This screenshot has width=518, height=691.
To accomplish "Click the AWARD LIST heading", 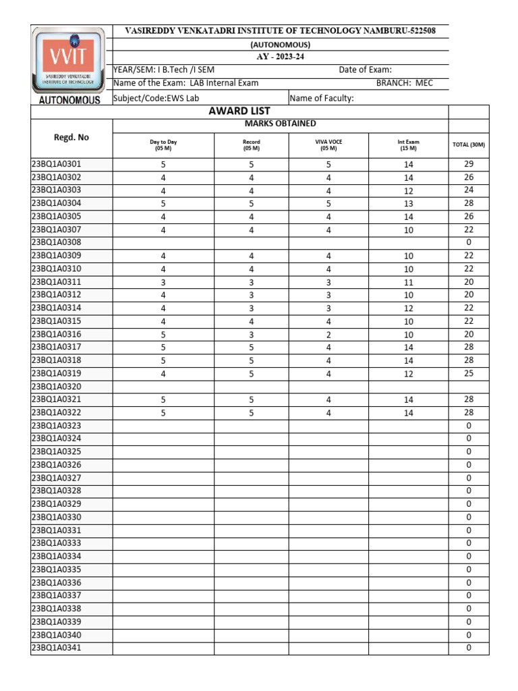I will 239,111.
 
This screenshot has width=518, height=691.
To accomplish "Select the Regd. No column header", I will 71,137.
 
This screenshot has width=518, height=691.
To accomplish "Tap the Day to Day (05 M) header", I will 163,145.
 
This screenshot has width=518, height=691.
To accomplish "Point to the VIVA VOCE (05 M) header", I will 328,145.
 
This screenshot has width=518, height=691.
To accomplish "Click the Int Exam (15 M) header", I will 408,145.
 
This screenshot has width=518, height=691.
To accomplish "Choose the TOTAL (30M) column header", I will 468,145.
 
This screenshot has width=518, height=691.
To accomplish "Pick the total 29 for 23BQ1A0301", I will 469,164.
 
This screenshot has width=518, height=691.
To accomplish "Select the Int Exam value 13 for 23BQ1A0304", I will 408,203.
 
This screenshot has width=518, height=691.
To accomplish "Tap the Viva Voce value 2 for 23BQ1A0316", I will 328,334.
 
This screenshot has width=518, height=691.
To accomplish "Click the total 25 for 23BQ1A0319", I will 469,373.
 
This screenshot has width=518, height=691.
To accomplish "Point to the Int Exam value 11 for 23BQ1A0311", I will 408,282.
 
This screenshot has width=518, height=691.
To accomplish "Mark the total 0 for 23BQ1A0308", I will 469,242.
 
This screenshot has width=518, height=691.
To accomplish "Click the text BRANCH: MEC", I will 404,83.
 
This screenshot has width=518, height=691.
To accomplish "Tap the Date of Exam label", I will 365,70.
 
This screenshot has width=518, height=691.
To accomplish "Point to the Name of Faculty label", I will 322,99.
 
